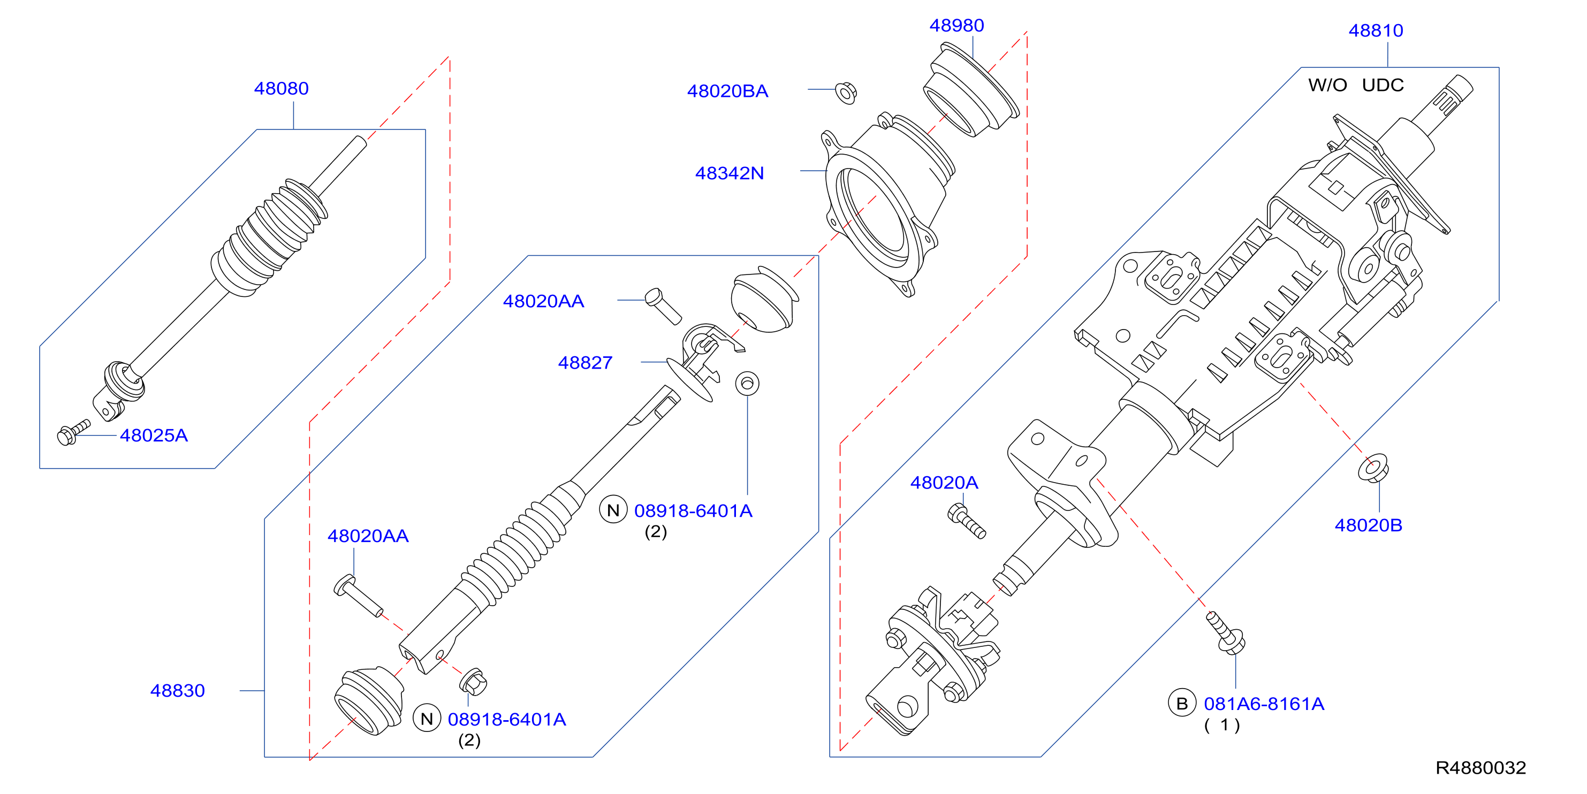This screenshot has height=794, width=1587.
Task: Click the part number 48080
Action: [x=281, y=89]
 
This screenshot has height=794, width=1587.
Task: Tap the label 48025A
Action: [x=154, y=436]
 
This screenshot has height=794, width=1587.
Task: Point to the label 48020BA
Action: [x=727, y=91]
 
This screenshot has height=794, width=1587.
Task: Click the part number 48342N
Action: [x=730, y=173]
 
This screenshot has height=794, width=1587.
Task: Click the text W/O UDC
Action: [x=1355, y=85]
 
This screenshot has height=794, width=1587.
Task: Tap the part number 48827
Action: [x=585, y=363]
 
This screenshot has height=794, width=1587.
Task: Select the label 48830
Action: [x=177, y=691]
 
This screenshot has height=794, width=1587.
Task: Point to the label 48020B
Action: [x=1368, y=525]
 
